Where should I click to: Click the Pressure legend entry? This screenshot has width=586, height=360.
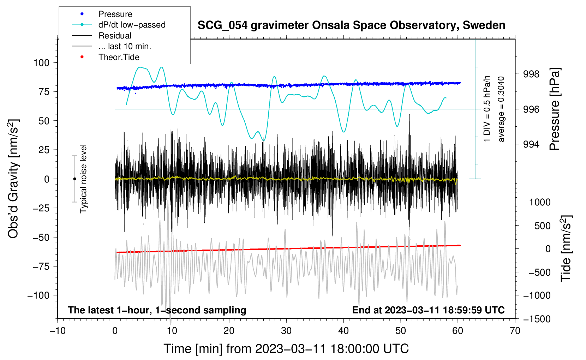(x=115, y=14)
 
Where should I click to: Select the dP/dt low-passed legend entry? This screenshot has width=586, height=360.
(x=132, y=25)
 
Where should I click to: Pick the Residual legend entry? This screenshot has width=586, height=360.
(x=115, y=36)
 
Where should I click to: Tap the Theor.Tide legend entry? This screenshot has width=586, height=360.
(x=119, y=57)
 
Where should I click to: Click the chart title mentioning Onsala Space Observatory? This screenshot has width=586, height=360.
(x=351, y=25)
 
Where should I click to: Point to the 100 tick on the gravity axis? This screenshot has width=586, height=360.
(x=41, y=63)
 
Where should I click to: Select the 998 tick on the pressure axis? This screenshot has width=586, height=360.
(x=531, y=74)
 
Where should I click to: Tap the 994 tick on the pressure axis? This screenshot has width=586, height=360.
(x=531, y=144)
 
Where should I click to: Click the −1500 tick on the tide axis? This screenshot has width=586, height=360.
(x=537, y=319)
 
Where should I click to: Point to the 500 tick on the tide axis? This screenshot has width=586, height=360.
(x=542, y=226)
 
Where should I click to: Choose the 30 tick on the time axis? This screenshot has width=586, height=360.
(x=286, y=331)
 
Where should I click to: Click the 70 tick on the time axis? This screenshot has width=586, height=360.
(x=515, y=331)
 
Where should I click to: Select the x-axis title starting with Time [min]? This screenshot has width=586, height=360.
(x=286, y=349)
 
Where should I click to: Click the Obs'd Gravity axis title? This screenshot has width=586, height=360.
(x=13, y=179)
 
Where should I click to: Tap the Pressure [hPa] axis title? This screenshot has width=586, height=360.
(x=555, y=109)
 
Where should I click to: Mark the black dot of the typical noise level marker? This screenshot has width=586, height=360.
(x=74, y=179)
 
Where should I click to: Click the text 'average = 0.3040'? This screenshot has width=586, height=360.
(x=501, y=109)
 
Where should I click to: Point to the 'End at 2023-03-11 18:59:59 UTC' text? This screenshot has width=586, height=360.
(x=428, y=310)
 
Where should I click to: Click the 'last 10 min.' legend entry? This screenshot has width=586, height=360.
(x=125, y=46)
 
